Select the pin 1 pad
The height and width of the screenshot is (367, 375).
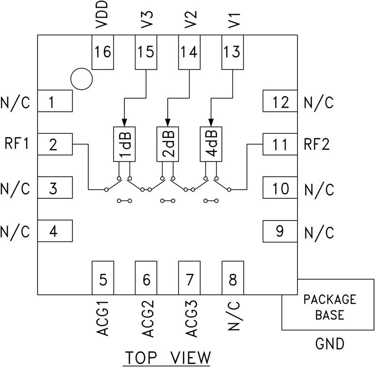point(54,101)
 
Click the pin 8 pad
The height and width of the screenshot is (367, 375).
point(233,278)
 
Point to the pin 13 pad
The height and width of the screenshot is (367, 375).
point(233,52)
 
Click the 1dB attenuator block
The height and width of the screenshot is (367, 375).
point(125,145)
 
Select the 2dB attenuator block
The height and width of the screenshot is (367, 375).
point(168,145)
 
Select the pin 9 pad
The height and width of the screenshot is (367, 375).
point(281,232)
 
